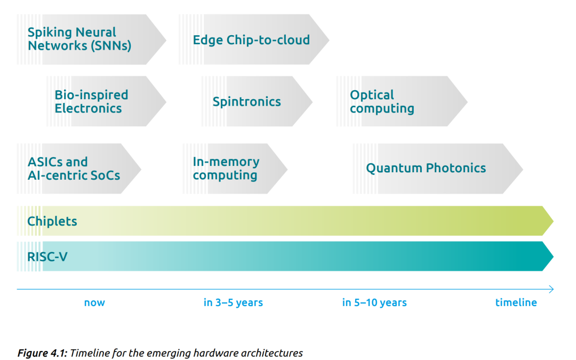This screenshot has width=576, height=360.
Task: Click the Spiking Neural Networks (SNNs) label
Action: point(79,39)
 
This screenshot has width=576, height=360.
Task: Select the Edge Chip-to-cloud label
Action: point(251,39)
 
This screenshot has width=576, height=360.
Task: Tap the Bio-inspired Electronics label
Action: point(92,101)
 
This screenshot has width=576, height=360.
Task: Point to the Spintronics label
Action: point(246,101)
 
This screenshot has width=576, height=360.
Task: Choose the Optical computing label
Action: point(382,102)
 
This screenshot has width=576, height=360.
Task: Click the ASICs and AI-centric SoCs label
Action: point(74,169)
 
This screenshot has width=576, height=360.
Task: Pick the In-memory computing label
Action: point(226,169)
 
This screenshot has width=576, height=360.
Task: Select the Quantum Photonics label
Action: point(426,168)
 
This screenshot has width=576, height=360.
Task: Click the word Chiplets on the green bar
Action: point(52,221)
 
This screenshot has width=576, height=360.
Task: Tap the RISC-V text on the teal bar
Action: point(47,257)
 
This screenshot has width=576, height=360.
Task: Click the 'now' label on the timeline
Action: point(94,303)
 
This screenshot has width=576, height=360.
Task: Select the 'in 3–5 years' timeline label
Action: point(233,302)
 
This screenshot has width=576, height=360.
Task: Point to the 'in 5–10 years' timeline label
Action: point(374,302)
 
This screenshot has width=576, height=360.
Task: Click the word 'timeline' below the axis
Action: point(516,302)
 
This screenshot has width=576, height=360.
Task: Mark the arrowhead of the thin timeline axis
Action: point(552,290)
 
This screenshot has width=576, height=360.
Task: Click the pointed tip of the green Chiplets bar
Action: point(553,221)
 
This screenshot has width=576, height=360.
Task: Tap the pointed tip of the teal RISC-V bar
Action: point(553,257)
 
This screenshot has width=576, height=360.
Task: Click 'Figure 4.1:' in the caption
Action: point(43,353)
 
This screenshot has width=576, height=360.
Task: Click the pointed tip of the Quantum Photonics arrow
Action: point(522,169)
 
